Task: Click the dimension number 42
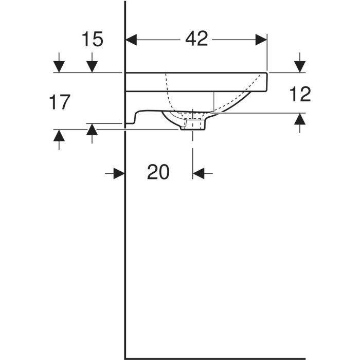(x=196, y=39)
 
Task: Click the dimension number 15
(x=92, y=39)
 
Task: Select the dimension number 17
(x=60, y=102)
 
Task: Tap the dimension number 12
(x=300, y=94)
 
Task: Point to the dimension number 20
(x=158, y=172)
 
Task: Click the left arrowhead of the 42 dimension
(x=131, y=40)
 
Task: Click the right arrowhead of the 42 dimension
(x=261, y=40)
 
